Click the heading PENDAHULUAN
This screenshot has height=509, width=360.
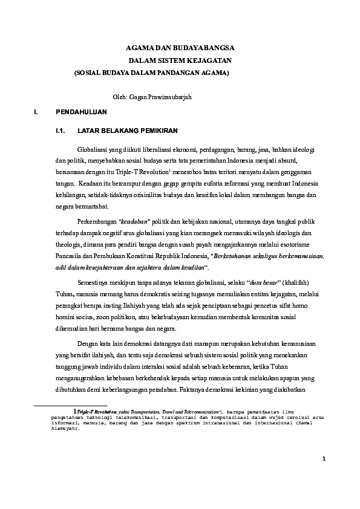tap(81, 112)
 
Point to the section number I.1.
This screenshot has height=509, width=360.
tap(59, 130)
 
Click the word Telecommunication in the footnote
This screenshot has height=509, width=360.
tap(196, 411)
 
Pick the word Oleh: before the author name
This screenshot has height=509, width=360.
tap(120, 97)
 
